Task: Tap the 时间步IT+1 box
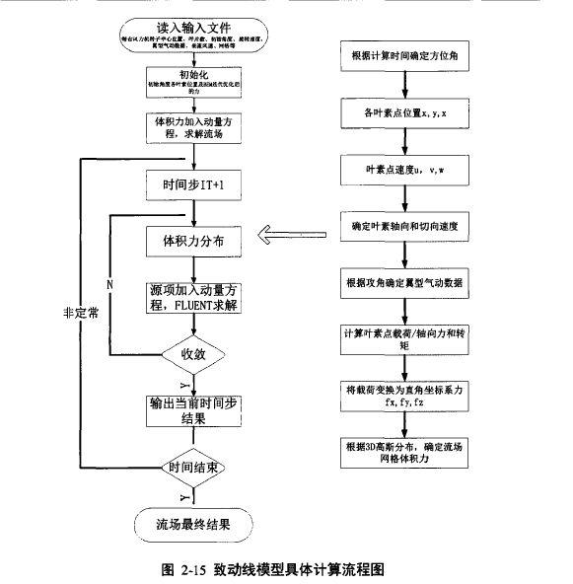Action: pos(192,184)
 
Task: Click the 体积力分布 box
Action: pos(192,238)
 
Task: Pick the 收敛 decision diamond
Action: pos(192,352)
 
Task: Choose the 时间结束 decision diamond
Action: pos(192,464)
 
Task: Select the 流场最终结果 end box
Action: pos(192,522)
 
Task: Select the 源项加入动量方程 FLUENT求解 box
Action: pos(192,295)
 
